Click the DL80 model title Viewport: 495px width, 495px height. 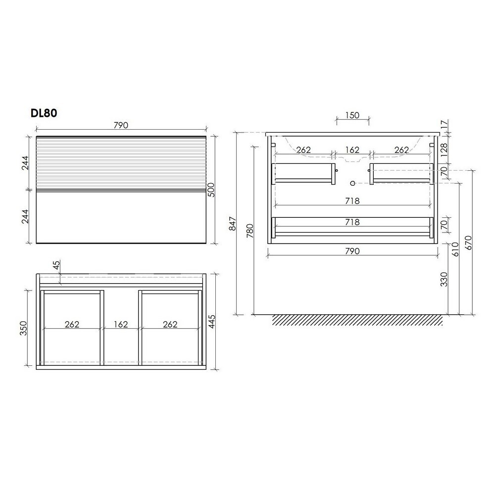[x=44, y=113]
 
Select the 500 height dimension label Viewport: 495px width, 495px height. [x=211, y=190]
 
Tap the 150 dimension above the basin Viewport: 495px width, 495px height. [x=352, y=115]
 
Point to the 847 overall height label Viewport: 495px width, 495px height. [x=232, y=224]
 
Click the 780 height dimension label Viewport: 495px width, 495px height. [x=249, y=231]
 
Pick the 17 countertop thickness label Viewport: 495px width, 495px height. [x=444, y=124]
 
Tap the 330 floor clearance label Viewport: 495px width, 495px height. [x=444, y=279]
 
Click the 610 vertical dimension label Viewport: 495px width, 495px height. [x=455, y=249]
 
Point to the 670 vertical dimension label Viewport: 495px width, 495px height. [x=468, y=243]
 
